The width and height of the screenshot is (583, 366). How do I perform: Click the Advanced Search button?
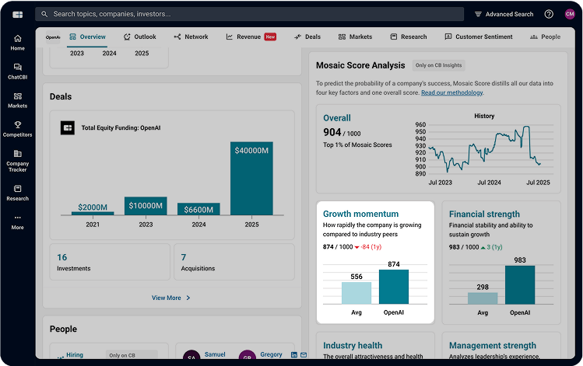point(504,14)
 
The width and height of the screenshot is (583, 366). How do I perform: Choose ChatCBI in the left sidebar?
point(17,71)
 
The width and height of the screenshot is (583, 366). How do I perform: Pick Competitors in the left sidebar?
point(17,128)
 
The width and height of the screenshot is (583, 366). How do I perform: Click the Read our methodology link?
point(451,92)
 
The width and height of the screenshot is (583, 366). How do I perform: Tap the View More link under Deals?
point(170,298)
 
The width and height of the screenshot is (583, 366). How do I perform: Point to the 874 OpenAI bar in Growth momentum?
point(393,287)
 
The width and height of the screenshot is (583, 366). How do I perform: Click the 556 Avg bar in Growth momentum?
point(356,293)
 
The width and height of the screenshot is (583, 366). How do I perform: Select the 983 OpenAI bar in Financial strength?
point(519,285)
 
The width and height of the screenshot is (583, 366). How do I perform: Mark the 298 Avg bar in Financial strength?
point(483,298)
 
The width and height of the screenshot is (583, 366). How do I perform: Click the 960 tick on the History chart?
point(420,124)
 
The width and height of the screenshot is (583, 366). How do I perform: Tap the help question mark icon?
point(549,14)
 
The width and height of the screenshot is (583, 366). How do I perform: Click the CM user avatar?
point(569,14)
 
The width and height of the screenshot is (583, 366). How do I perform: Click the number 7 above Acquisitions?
point(184,257)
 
